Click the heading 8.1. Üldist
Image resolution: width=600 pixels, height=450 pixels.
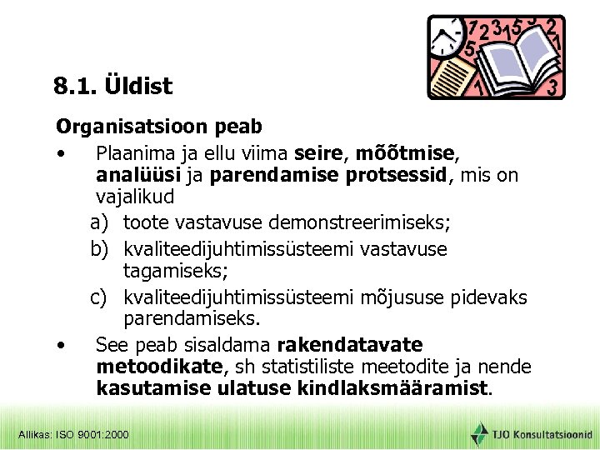point(112,86)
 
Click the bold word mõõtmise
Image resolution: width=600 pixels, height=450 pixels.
point(406,153)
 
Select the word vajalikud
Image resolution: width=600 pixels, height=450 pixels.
point(135,198)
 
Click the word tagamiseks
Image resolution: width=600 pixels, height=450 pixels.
point(170,271)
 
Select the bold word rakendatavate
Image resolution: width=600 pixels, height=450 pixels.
point(350,345)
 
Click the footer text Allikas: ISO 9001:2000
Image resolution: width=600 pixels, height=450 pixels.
point(73,434)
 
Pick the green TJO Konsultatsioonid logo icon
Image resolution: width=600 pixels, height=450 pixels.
point(479,433)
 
